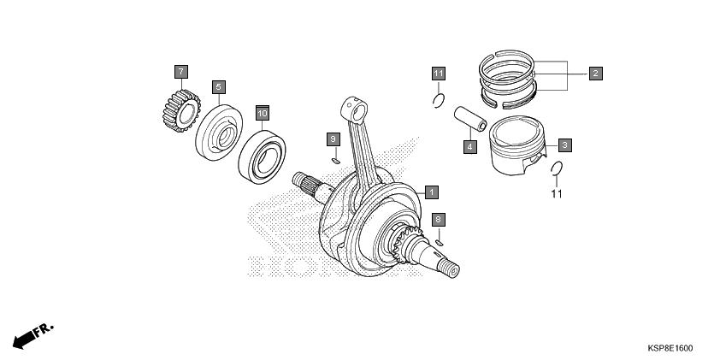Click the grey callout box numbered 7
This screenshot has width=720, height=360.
tap(181, 72)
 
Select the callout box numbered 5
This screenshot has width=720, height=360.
tap(219, 86)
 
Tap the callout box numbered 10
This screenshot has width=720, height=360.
tap(263, 113)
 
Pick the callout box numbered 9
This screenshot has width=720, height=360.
tap(333, 139)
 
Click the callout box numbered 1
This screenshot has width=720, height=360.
tap(432, 192)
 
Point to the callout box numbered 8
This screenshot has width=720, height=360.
tap(439, 220)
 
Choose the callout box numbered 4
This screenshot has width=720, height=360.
tap(469, 147)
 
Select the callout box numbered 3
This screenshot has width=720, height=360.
tap(564, 145)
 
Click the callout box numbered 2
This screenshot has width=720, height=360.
tap(595, 73)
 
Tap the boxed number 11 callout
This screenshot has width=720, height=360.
tap(439, 74)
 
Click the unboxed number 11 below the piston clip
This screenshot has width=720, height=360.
tap(557, 194)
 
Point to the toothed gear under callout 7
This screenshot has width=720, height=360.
tap(182, 110)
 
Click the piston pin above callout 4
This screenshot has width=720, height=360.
tap(470, 119)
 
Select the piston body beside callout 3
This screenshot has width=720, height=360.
tap(517, 145)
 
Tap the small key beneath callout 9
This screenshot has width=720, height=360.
tap(336, 160)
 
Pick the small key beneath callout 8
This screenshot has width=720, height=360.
tap(439, 243)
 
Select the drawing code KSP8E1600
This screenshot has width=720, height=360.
tap(670, 348)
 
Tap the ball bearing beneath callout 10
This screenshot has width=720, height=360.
tap(263, 157)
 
